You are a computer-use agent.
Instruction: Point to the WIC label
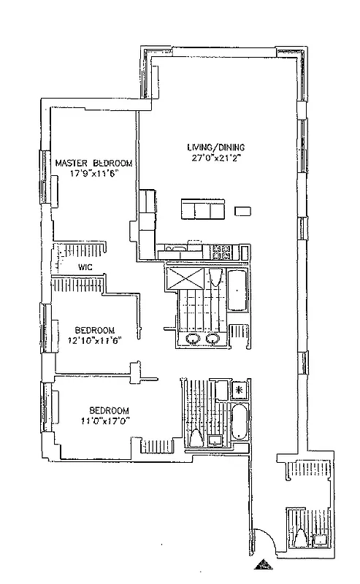coord(84,268)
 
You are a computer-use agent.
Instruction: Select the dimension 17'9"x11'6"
coord(84,173)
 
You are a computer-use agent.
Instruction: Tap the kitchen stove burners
coord(221,253)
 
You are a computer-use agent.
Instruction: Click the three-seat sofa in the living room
coord(202,211)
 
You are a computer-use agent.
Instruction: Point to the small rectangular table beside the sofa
coord(242,212)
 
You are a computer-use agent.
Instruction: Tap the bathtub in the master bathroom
coord(237,293)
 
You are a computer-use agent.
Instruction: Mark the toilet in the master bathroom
coord(214,277)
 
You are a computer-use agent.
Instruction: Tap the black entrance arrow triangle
coord(263,564)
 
